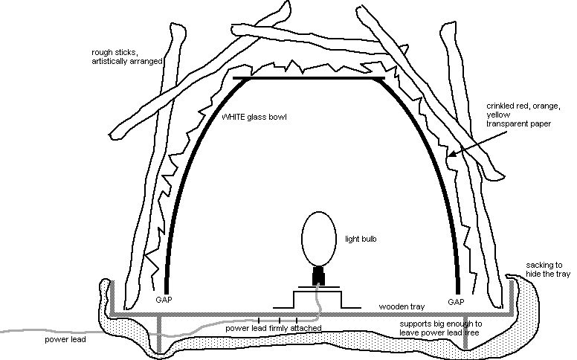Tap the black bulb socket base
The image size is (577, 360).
[x=318, y=276]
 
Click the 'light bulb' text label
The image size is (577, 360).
[x=361, y=239]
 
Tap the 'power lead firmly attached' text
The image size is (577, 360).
[x=273, y=327]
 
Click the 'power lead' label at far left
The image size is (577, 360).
[x=65, y=340]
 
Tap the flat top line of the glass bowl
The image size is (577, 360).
[x=309, y=77]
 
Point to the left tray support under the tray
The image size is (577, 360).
[x=158, y=335]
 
